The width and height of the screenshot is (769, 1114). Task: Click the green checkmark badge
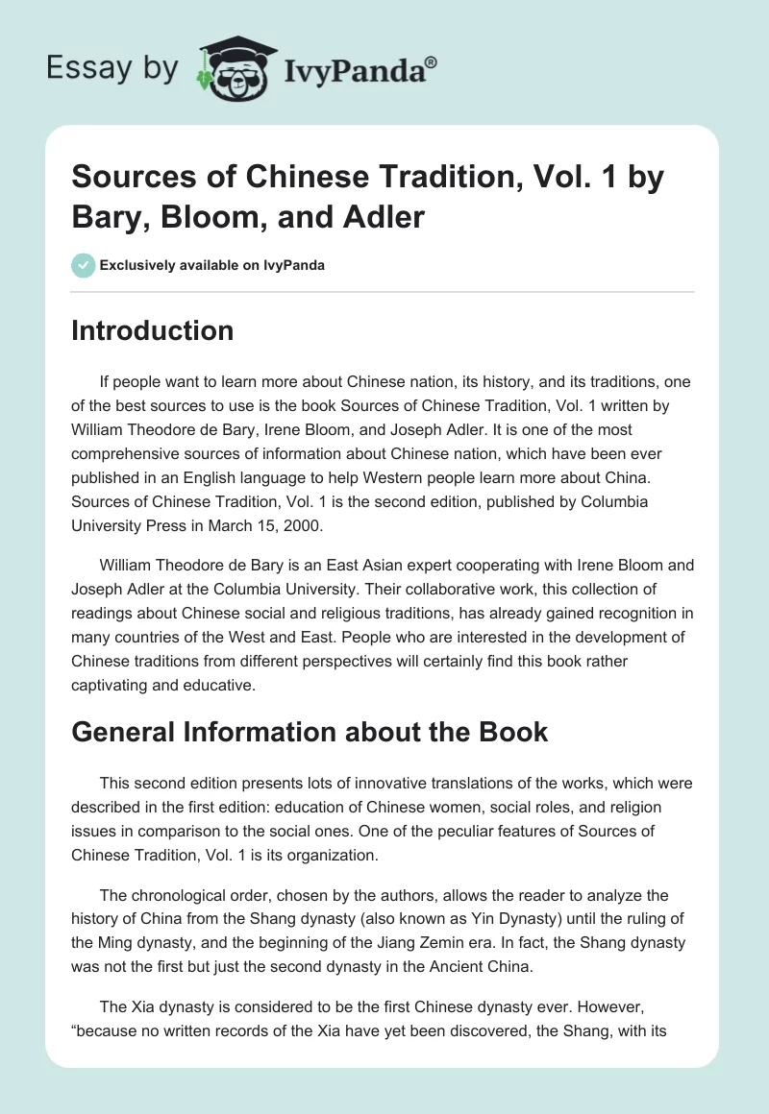83,265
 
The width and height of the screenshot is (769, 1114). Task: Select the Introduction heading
153,330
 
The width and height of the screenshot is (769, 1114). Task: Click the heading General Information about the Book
310,732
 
